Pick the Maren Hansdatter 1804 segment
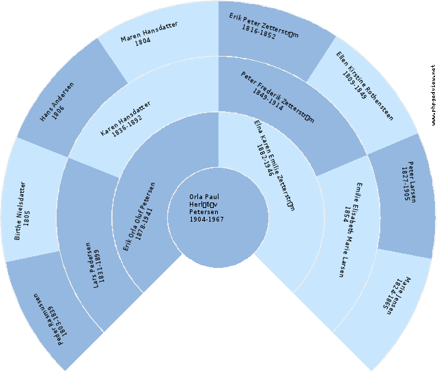150,34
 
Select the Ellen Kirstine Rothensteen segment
369,85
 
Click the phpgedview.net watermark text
433,95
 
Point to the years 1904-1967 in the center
206,220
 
